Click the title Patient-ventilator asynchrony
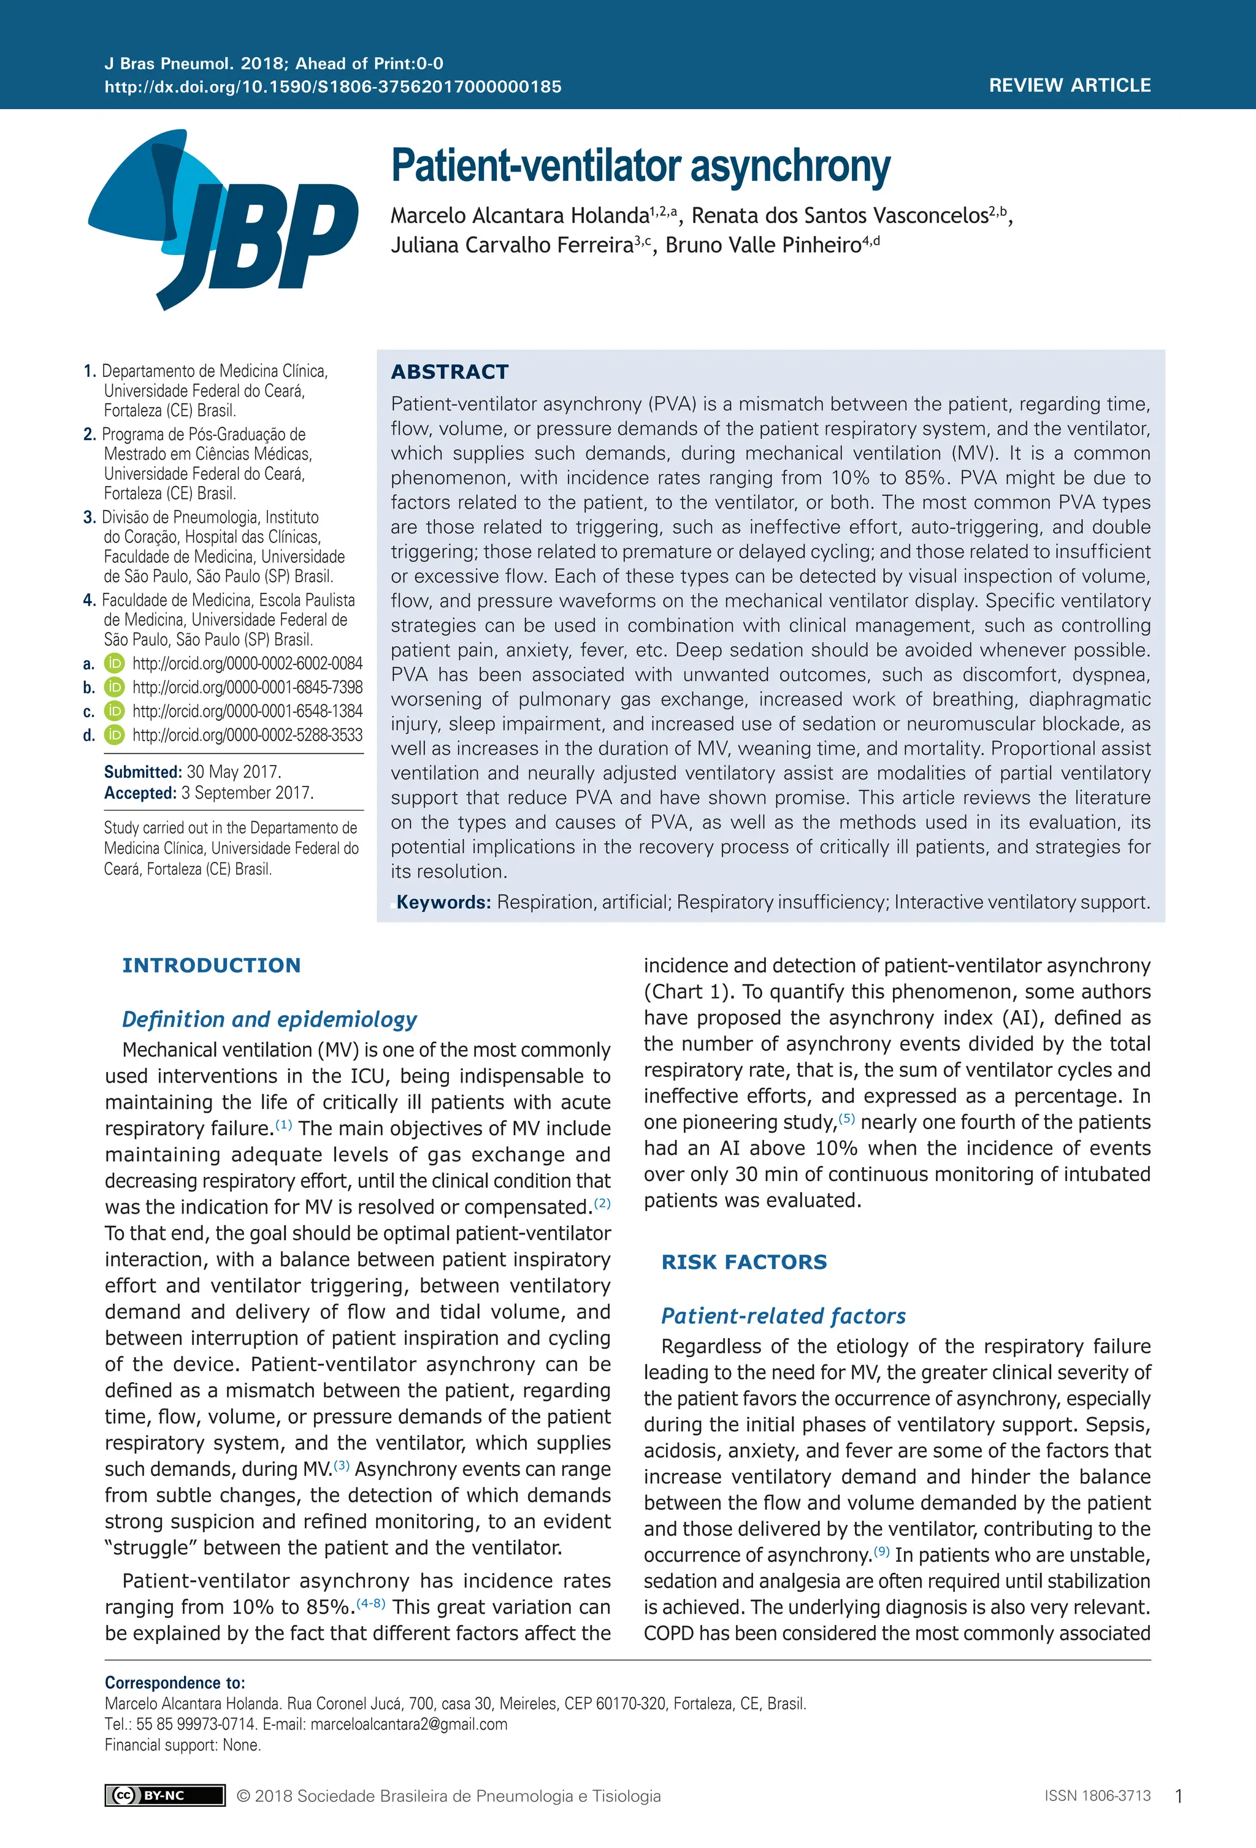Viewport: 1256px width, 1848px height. point(640,166)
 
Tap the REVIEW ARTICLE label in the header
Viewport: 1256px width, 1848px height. point(1069,85)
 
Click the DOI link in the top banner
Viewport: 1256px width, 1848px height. point(332,86)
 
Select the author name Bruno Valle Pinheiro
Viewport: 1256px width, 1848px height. point(763,245)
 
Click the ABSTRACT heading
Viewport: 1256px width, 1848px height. point(450,371)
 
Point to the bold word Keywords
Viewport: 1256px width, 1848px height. point(443,902)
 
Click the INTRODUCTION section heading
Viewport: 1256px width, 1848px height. point(211,965)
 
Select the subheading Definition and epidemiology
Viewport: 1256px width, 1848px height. point(269,1019)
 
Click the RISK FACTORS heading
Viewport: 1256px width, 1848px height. point(744,1261)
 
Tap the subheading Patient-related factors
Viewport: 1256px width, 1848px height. point(783,1315)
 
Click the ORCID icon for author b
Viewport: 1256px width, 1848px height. point(115,687)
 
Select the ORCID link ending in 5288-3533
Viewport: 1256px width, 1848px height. point(247,735)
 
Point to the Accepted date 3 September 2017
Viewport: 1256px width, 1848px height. point(247,793)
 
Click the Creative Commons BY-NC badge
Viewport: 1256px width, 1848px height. point(164,1795)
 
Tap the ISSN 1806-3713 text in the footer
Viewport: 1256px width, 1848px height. point(1097,1795)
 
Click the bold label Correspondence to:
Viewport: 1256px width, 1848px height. point(175,1682)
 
